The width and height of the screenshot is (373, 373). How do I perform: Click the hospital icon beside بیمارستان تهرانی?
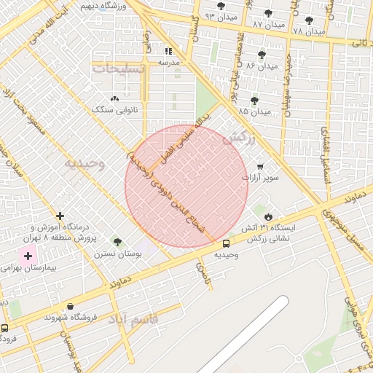(29, 256)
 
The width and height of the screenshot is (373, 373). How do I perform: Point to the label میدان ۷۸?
(309, 31)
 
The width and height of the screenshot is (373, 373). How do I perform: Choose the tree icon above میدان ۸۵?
(254, 101)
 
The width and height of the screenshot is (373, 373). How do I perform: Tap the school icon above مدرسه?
(169, 52)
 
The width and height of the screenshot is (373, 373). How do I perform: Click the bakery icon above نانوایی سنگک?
(114, 98)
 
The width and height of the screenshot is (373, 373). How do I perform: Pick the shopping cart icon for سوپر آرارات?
(260, 166)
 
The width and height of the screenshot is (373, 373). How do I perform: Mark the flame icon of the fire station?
(268, 216)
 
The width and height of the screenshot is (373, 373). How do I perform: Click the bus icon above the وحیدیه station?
(226, 243)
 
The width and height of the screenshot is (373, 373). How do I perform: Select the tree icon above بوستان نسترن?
(117, 242)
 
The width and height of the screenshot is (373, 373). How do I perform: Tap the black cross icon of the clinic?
(60, 216)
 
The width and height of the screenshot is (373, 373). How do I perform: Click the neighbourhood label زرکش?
(240, 138)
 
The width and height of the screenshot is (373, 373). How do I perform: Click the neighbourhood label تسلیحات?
(119, 68)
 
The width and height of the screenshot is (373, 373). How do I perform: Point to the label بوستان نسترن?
(116, 254)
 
